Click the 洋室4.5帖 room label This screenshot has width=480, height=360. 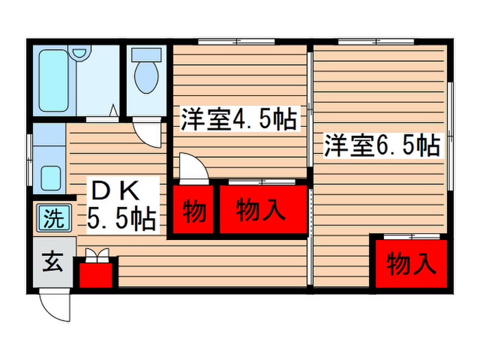239,121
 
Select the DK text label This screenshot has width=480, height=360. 115,188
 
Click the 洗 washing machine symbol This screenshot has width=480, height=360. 53,219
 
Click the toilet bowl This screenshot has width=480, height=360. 146,78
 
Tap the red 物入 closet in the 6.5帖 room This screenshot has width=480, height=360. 411,263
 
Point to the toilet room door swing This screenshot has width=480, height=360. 148,130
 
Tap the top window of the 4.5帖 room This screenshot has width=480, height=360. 237,43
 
